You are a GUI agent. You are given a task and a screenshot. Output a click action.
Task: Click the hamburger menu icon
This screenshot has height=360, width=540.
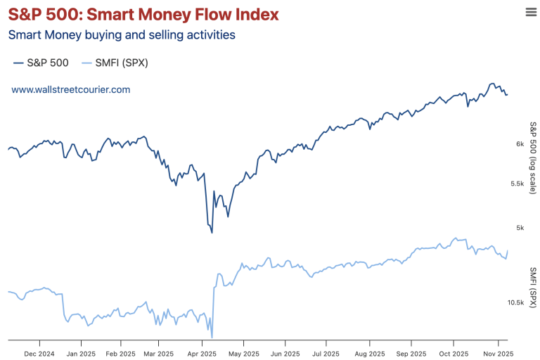[531, 11]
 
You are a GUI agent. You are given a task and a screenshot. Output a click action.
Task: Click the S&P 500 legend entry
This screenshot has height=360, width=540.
[41, 63]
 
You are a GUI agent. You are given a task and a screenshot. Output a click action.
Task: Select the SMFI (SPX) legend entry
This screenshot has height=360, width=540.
[115, 63]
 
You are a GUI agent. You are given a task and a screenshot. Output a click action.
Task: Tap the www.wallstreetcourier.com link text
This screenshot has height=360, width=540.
[70, 90]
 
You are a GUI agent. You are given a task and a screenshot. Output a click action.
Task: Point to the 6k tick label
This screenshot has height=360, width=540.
[520, 144]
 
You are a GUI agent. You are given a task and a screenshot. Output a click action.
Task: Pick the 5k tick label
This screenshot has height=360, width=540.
[520, 228]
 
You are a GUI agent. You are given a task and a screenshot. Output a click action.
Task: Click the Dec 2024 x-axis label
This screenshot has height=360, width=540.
[39, 354]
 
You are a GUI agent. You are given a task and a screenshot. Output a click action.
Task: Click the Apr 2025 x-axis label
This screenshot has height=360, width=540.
[202, 354]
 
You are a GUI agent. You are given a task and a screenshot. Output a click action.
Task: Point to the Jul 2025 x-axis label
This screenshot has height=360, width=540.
[326, 354]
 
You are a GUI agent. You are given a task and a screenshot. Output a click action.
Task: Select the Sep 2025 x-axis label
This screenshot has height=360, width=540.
[411, 354]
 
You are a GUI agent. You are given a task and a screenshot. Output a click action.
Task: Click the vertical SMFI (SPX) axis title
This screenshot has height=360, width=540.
[533, 287]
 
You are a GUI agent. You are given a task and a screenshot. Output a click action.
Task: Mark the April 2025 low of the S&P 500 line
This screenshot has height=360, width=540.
[212, 232]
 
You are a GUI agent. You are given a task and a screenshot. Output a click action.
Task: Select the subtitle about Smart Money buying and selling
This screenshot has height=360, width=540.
[122, 34]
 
